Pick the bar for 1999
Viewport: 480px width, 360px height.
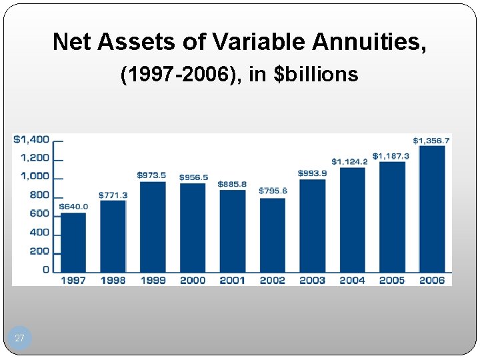point(153,227)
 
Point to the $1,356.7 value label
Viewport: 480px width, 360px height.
point(431,141)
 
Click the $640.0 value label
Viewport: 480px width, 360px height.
point(73,206)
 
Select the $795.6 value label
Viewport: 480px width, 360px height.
point(273,191)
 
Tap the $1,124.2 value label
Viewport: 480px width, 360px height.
point(349,161)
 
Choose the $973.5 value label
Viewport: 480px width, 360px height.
point(152,175)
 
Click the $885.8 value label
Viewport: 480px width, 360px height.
point(232,184)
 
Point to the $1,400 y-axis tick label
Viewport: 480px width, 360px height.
point(31,139)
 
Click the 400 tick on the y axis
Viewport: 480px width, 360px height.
point(39,233)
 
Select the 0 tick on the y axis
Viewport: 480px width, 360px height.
point(46,270)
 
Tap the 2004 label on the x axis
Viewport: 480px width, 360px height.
point(352,281)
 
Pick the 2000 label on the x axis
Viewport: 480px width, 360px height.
point(193,281)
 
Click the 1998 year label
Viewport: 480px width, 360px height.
point(113,281)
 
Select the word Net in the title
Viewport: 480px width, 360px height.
point(73,42)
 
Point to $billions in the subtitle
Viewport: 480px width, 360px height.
point(317,74)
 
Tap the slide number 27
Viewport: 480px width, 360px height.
point(19,339)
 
